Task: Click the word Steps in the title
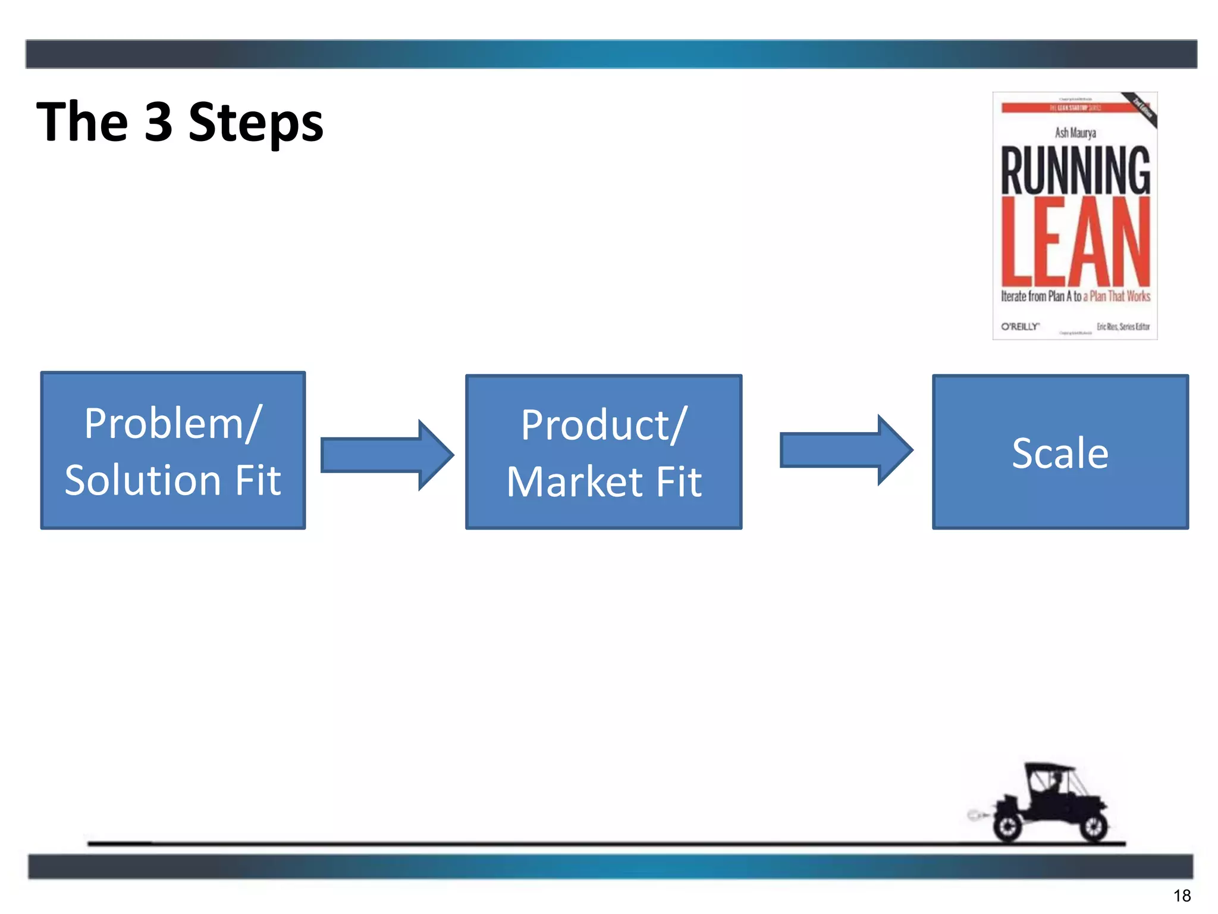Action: (256, 124)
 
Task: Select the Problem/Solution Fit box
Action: (172, 450)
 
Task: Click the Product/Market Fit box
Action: (604, 452)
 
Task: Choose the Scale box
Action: (1060, 452)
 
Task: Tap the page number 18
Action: (1182, 896)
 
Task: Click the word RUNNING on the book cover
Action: (1075, 171)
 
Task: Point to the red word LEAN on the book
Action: (1075, 243)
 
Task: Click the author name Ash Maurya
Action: (1075, 133)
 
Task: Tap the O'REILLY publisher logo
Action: (1020, 327)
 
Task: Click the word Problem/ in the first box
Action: (172, 424)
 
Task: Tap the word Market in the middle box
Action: (575, 481)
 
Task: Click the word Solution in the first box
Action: (143, 480)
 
